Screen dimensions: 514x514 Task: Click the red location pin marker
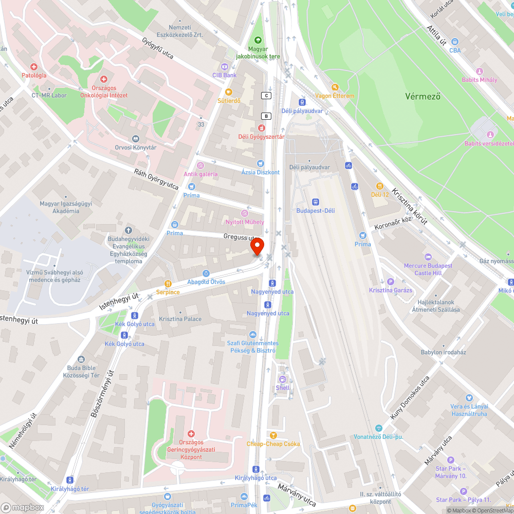[x=256, y=246]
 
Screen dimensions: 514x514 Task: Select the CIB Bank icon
[x=224, y=67]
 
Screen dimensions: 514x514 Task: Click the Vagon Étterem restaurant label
[x=335, y=96]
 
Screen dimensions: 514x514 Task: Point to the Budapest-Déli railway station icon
[x=315, y=203]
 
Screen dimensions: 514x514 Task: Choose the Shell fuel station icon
[x=282, y=379]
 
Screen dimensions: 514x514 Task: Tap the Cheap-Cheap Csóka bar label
[x=273, y=444]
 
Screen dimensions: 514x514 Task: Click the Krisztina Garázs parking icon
[x=390, y=282]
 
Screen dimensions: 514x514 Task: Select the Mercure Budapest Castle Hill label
[x=428, y=269]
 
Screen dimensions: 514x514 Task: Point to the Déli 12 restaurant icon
[x=380, y=186]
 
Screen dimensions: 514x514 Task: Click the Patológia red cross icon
[x=34, y=67]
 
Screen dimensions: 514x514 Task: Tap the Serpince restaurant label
[x=168, y=292]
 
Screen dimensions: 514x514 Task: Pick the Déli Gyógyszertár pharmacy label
[x=261, y=136]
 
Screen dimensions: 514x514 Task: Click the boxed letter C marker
[x=266, y=96]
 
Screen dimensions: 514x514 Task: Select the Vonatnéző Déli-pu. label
[x=378, y=437]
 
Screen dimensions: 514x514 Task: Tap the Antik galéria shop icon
[x=200, y=166]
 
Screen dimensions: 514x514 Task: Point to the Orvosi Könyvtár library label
[x=136, y=148]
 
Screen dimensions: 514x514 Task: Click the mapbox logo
[x=23, y=507]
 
